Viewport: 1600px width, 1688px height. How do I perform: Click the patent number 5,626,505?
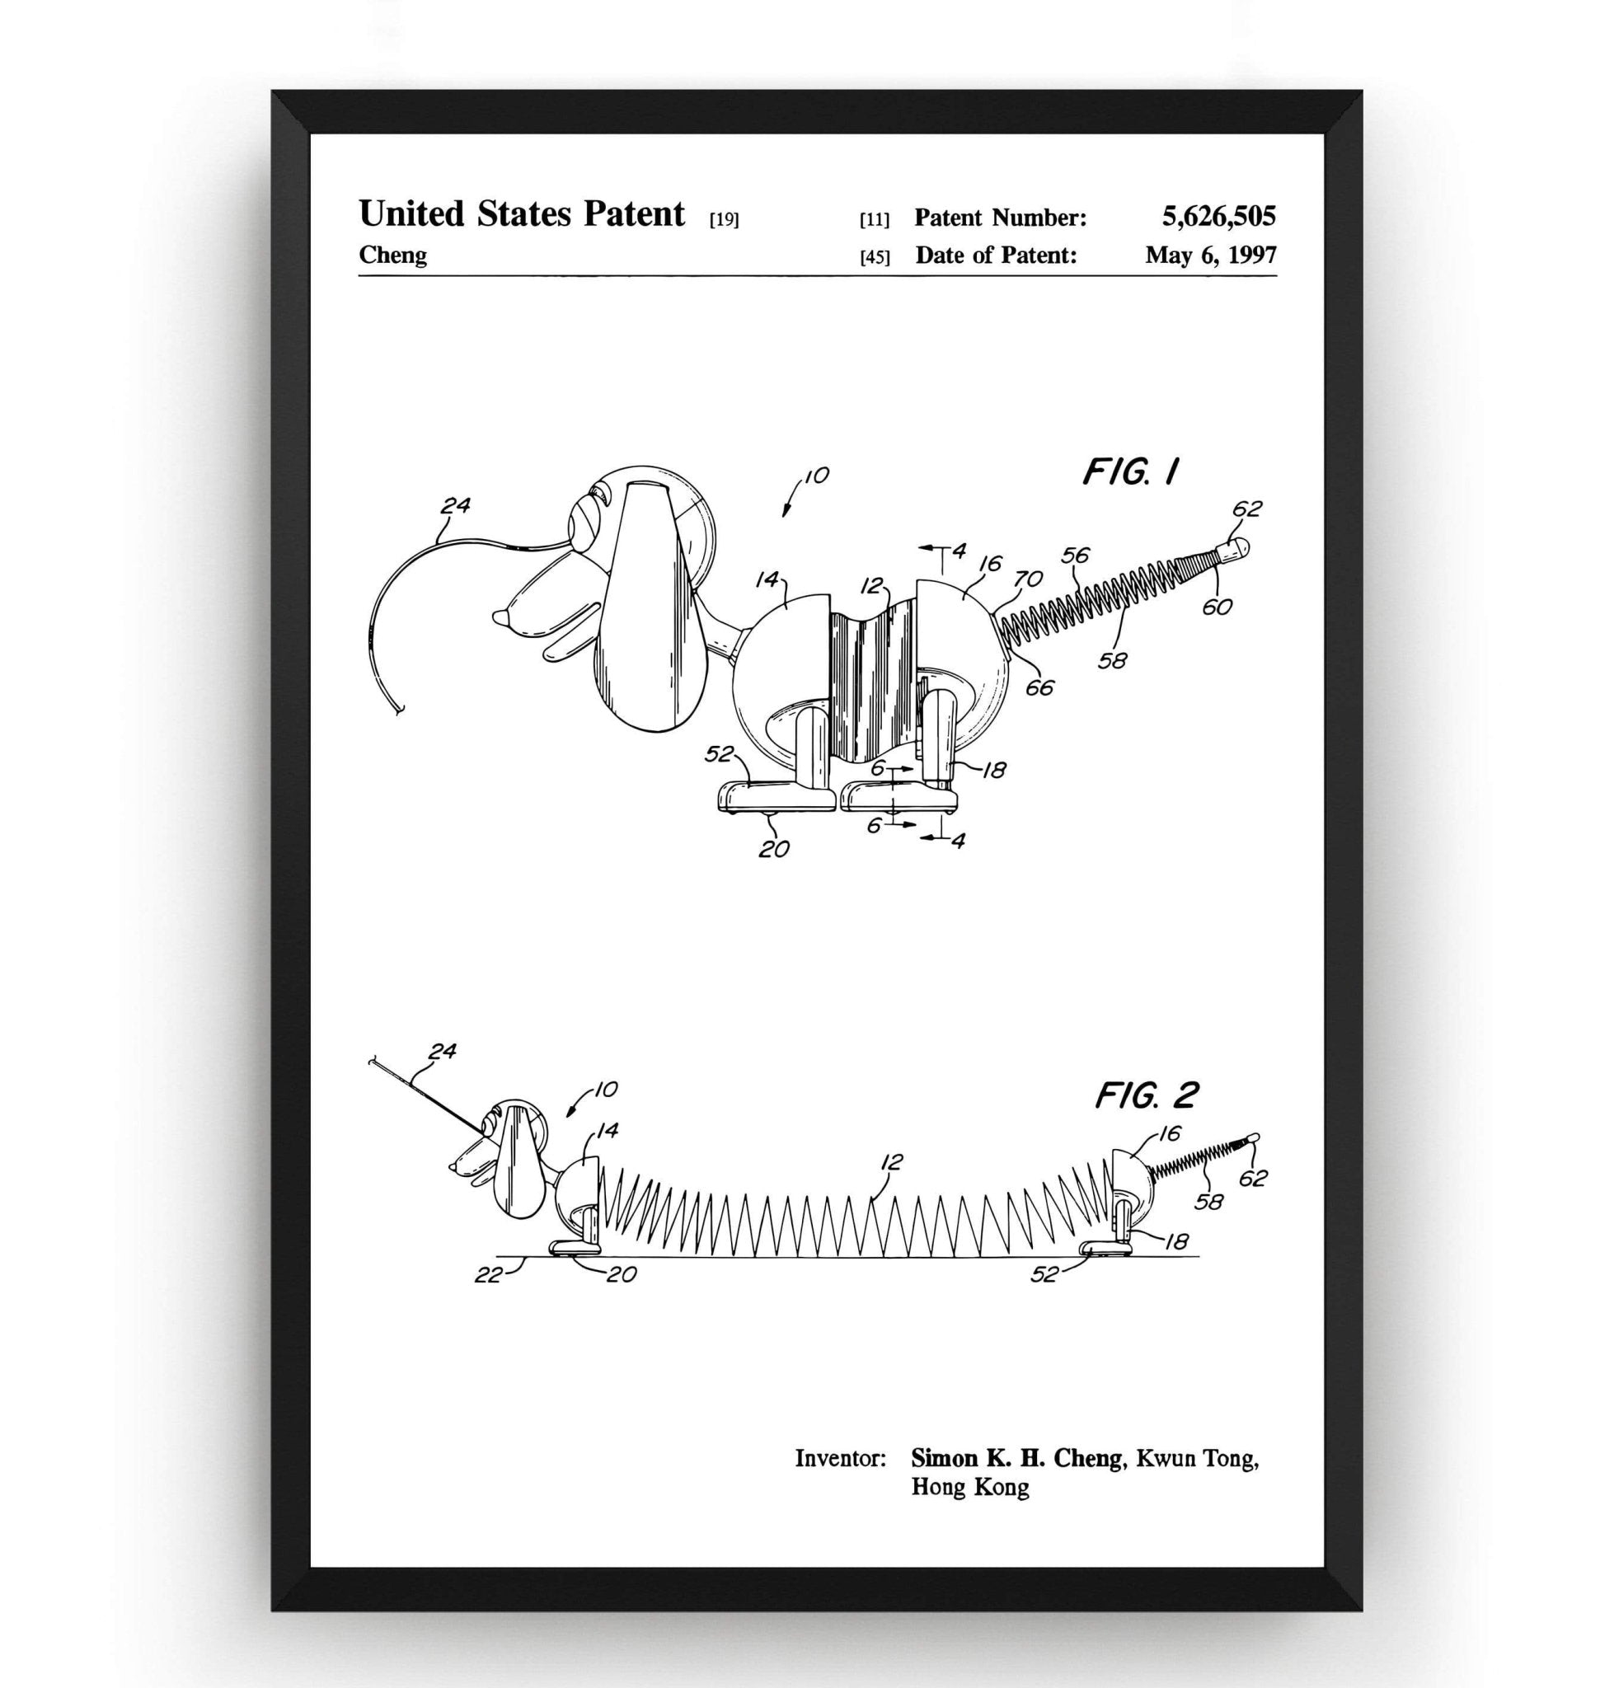tap(1218, 216)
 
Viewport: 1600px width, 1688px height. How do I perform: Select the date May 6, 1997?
tap(1210, 254)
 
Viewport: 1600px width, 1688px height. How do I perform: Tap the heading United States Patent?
tap(521, 213)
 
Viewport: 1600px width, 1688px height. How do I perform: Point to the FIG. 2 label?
tap(1147, 1095)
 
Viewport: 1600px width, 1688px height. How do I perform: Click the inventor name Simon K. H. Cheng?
tap(1016, 1458)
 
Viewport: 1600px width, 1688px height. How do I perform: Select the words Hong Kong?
tap(969, 1487)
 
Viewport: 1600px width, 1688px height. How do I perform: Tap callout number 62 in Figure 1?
tap(1247, 509)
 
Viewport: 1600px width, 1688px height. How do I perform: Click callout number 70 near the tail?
tap(1028, 579)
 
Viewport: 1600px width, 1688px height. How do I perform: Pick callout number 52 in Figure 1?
tap(719, 753)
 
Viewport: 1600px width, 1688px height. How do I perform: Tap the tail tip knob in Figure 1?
tap(1236, 546)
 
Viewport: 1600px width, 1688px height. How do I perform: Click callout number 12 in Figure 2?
tap(891, 1161)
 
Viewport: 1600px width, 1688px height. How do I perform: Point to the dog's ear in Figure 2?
tap(519, 1159)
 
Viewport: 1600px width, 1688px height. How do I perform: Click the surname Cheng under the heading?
tap(392, 254)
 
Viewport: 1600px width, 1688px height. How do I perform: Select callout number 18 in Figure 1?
tap(993, 769)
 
